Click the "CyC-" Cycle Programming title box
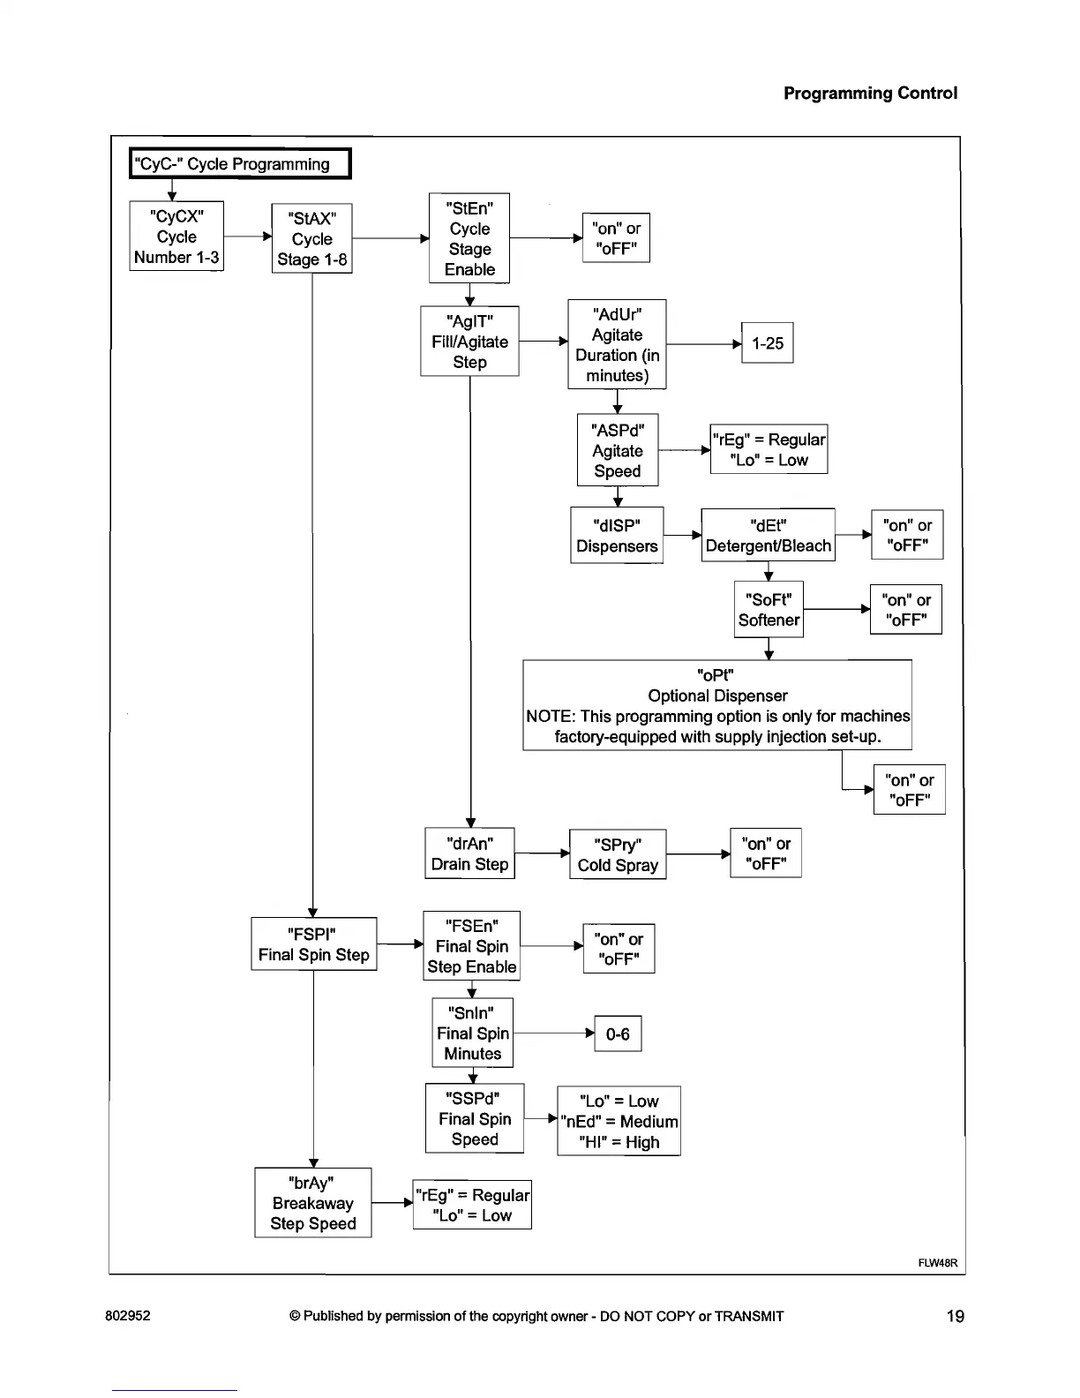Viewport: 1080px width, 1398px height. pos(240,163)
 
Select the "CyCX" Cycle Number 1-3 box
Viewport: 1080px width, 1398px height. pos(176,237)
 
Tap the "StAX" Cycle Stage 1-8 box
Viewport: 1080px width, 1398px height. pos(312,238)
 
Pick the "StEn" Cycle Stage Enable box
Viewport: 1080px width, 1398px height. pos(469,238)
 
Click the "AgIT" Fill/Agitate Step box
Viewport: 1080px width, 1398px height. pos(469,342)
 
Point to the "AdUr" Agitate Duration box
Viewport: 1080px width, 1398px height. pos(617,344)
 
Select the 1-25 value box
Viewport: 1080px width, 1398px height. pos(768,343)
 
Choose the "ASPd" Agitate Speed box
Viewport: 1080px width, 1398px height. pos(618,450)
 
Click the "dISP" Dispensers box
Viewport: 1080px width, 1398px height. pos(617,535)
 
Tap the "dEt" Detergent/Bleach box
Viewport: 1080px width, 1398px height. pos(768,535)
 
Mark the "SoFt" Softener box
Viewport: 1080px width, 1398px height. pos(769,609)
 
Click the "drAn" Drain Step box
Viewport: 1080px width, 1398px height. pos(469,853)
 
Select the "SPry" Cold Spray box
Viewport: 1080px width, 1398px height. pos(618,854)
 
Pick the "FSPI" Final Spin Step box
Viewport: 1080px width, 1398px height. pos(314,944)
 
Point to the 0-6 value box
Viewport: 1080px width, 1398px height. pos(618,1033)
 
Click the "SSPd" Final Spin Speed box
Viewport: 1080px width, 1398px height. pos(475,1118)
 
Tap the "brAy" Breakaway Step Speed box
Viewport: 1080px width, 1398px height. pos(313,1203)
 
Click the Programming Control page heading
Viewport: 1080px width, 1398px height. pos(870,93)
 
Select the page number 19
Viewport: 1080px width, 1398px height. pos(955,1316)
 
